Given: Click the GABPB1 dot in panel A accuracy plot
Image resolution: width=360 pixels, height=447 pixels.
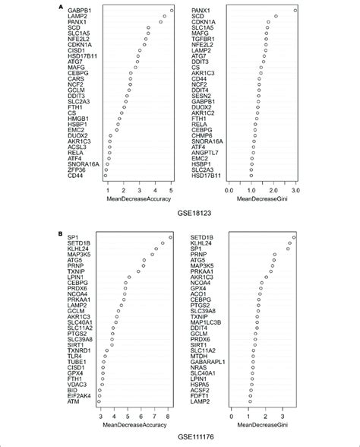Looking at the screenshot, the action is pyautogui.click(x=172, y=11).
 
